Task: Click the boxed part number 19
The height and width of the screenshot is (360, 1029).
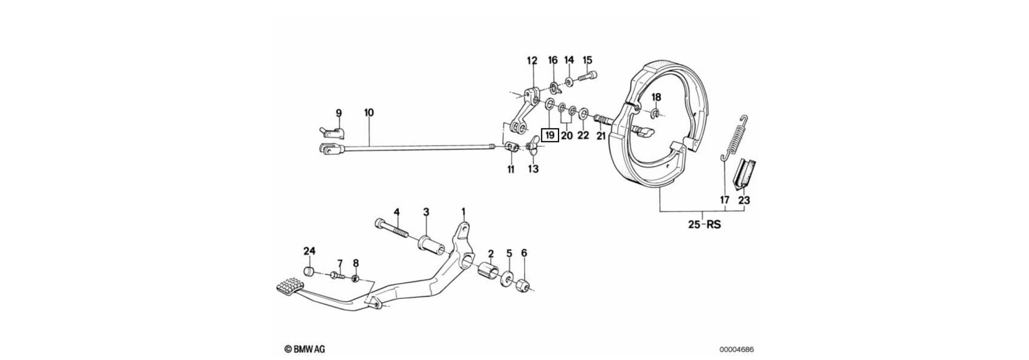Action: coord(550,136)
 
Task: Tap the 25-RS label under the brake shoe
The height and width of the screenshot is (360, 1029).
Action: coord(704,224)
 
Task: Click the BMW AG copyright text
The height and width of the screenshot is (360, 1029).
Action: coord(304,349)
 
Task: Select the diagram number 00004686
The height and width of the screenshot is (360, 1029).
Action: coord(736,349)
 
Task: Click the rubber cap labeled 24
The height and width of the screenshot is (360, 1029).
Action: coord(309,271)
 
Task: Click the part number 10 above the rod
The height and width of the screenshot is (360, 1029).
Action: coord(369,113)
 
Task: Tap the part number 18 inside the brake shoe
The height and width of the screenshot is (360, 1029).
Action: coord(656,97)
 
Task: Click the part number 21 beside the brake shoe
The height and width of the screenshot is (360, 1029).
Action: coord(601,136)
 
